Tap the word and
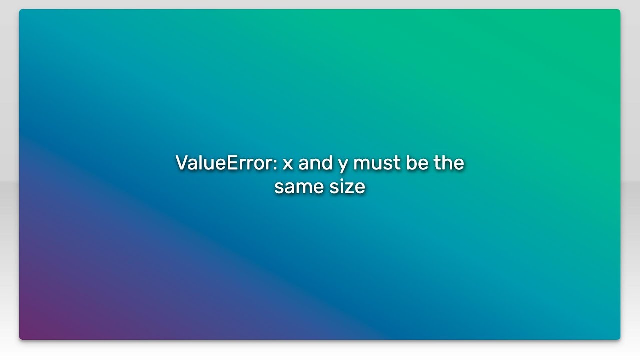(x=315, y=163)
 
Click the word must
(x=377, y=163)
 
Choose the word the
(x=449, y=163)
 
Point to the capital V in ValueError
(x=182, y=163)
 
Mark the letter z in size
(x=348, y=188)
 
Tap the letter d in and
(x=327, y=163)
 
